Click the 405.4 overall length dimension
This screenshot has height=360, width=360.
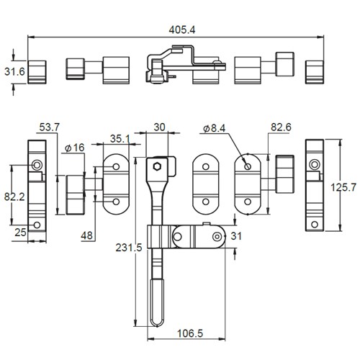click(182, 30)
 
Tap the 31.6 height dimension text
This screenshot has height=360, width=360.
click(14, 71)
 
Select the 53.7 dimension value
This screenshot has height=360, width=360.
click(49, 127)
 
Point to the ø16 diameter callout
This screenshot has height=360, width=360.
click(75, 148)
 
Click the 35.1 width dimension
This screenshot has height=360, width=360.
click(120, 138)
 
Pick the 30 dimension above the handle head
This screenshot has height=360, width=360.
click(159, 127)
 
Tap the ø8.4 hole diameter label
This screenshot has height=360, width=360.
click(214, 128)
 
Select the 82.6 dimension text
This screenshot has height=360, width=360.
click(281, 127)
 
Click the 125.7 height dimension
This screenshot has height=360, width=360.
click(343, 187)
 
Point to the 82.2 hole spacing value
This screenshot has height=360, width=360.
click(14, 197)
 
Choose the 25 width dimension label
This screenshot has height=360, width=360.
click(20, 233)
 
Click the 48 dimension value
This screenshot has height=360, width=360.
click(86, 235)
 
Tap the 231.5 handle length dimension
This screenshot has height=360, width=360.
click(129, 248)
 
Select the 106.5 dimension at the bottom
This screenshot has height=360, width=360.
click(190, 333)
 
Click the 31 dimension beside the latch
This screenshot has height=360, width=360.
click(236, 236)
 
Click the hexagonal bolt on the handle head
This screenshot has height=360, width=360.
click(157, 166)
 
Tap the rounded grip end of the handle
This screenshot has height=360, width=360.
click(157, 303)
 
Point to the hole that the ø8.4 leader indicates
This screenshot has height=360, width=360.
click(248, 166)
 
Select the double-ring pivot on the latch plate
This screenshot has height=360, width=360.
click(217, 237)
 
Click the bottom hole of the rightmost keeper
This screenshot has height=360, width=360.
click(315, 225)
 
